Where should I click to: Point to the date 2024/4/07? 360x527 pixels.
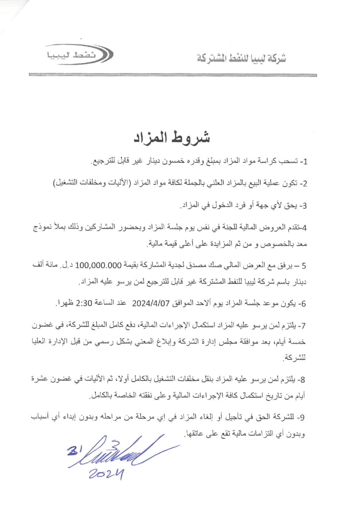tap(150, 303)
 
